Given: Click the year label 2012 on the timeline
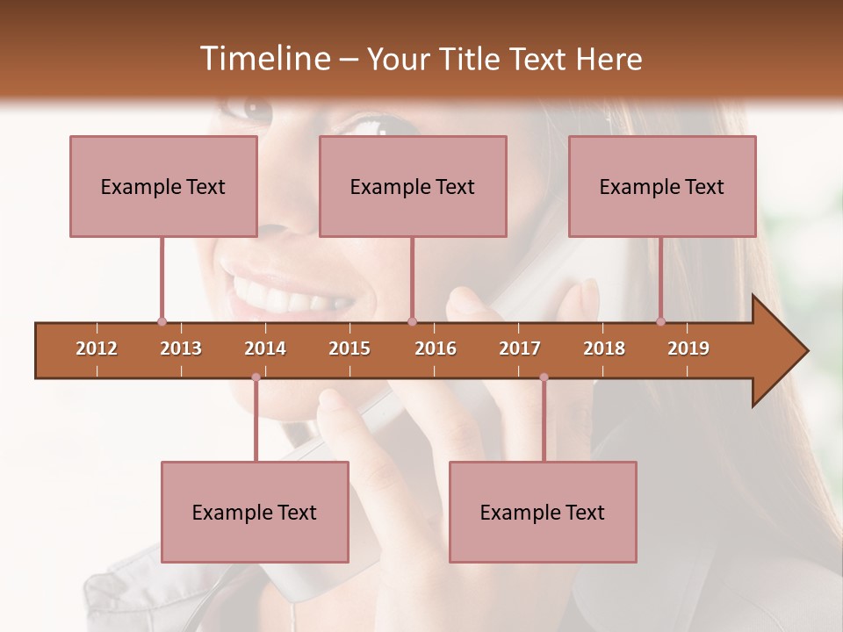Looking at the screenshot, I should coord(97,348).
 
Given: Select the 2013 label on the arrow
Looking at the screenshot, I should coord(181,348).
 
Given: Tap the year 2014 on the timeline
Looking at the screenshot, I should coord(265,348).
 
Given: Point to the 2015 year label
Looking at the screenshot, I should coord(349,348).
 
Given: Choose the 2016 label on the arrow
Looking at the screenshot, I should coord(436,348).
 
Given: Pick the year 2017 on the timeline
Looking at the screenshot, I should coord(520,348).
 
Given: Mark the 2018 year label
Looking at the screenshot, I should coord(604,348).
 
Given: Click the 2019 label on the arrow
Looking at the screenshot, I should coord(688,348).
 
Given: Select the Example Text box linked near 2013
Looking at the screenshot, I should coord(163,186).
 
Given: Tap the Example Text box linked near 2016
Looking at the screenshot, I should coord(413,186).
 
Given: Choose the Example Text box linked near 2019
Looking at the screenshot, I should coord(662,186).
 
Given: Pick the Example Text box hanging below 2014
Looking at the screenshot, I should coord(255,512).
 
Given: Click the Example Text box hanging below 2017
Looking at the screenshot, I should coord(543,512).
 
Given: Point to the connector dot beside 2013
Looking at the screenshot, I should coord(162,321).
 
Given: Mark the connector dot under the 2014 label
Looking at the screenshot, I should coord(256,377).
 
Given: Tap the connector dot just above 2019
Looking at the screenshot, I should coord(661,321).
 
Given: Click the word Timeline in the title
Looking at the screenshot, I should coord(263,59).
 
